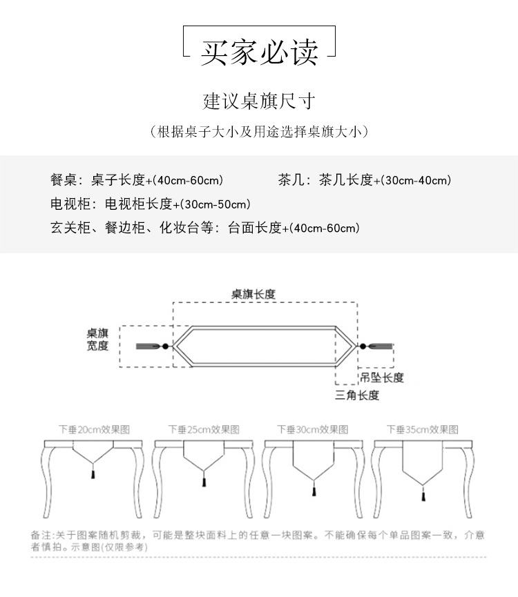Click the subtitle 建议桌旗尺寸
(x=259, y=102)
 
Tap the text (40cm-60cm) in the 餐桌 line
(x=189, y=181)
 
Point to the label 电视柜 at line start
(x=65, y=204)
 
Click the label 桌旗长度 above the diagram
(x=253, y=293)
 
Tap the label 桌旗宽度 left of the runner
(x=97, y=338)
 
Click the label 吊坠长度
(x=382, y=378)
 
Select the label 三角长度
(x=357, y=395)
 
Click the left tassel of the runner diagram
(x=148, y=345)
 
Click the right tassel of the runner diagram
(x=381, y=345)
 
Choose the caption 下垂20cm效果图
(x=94, y=429)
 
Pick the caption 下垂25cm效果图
(x=204, y=429)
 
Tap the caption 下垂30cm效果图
(x=312, y=429)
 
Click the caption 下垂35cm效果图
(x=421, y=429)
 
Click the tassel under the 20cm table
(x=94, y=474)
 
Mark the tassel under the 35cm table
(x=421, y=495)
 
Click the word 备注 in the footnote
(x=41, y=535)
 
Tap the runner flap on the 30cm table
(x=312, y=458)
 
